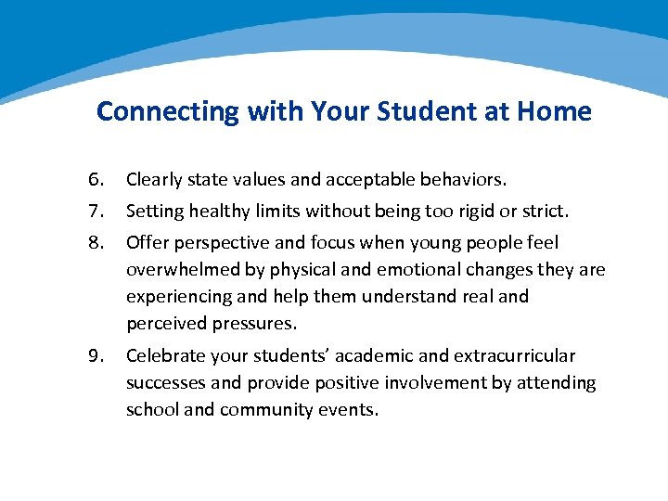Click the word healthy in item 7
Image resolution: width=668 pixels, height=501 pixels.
pos(219,211)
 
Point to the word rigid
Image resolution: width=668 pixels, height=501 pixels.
pos(471,211)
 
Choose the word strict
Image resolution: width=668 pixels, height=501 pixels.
pos(543,211)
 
